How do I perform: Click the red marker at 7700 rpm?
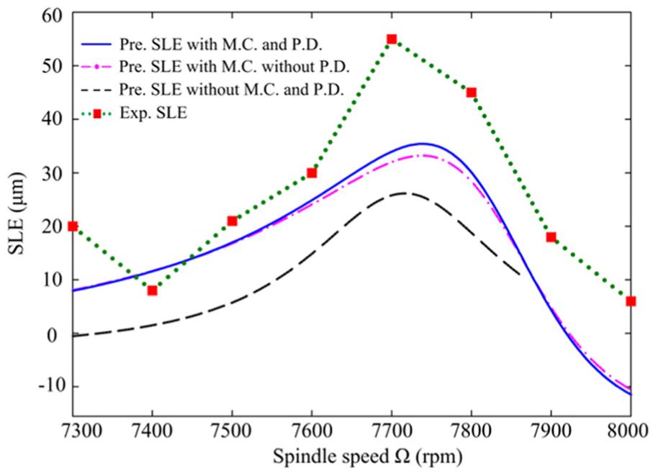tap(392, 39)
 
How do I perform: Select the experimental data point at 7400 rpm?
tap(153, 290)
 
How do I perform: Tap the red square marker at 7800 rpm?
tap(471, 92)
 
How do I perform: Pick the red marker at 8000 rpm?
tap(631, 301)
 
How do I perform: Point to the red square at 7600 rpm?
tap(312, 173)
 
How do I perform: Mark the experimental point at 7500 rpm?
tap(232, 221)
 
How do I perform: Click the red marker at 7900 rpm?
tap(551, 237)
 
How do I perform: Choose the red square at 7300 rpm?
tap(73, 226)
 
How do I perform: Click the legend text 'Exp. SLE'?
tap(153, 113)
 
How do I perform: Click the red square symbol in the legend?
tap(97, 114)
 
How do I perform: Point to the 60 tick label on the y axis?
tap(52, 15)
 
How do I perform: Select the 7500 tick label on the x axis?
tap(232, 431)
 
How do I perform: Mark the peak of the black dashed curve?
tap(403, 193)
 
